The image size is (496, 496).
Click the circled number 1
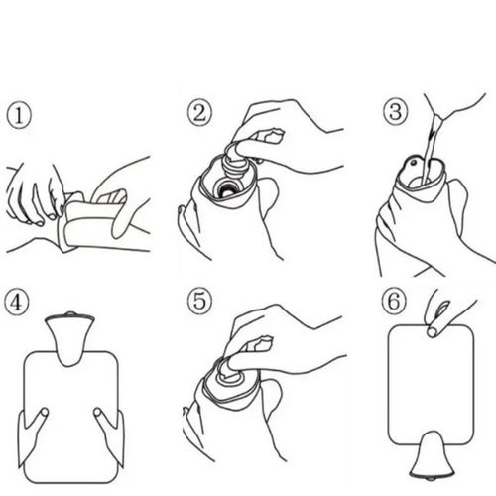(x=19, y=115)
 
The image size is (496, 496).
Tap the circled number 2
(x=199, y=113)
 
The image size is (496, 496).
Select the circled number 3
(x=395, y=112)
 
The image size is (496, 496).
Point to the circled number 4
(x=17, y=302)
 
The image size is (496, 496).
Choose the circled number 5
(x=199, y=301)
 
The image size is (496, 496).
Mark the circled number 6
(x=393, y=301)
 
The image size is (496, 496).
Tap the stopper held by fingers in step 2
(x=235, y=162)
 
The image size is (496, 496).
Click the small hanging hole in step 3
(x=413, y=163)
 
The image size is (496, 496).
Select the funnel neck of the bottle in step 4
(x=69, y=340)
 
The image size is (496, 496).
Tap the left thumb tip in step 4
(x=44, y=412)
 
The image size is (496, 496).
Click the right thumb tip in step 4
(x=97, y=412)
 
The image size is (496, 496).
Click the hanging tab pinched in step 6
(x=432, y=331)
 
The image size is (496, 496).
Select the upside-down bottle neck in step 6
(x=432, y=455)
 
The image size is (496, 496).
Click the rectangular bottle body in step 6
(x=431, y=385)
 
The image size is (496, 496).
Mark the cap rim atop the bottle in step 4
(x=69, y=316)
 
